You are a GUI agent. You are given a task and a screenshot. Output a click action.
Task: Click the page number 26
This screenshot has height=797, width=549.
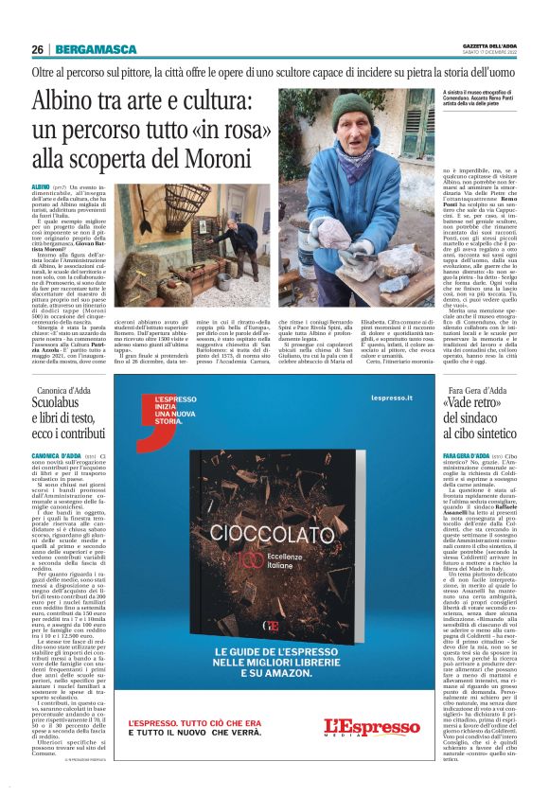tap(37, 48)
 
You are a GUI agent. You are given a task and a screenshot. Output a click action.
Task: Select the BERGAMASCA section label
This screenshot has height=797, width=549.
tap(86, 48)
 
